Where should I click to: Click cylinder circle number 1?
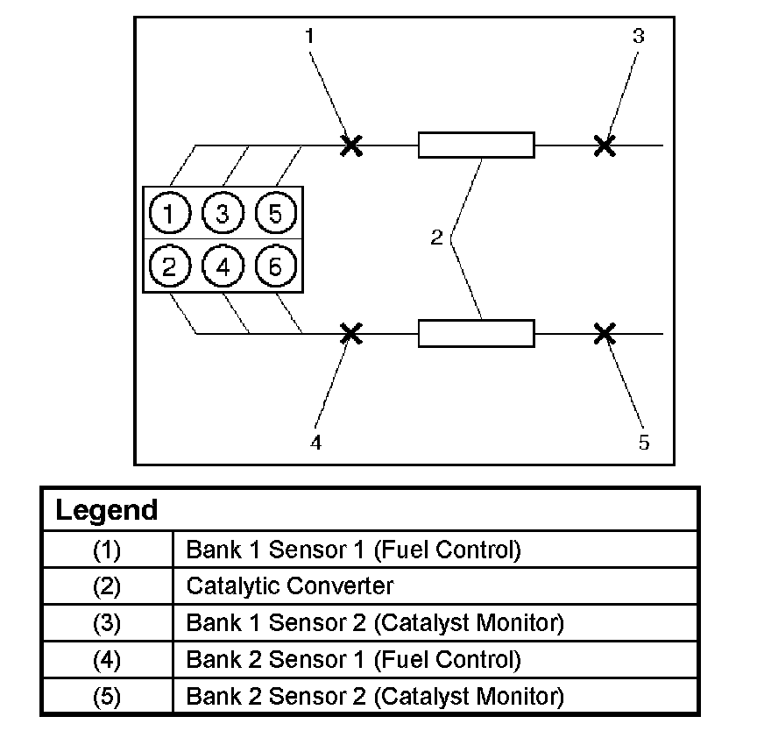pyautogui.click(x=170, y=213)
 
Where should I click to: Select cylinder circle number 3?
pyautogui.click(x=223, y=213)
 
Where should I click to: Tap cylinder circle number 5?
pyautogui.click(x=275, y=213)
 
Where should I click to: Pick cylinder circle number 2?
pyautogui.click(x=170, y=266)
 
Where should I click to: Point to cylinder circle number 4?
pyautogui.click(x=223, y=266)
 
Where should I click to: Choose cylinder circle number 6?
pyautogui.click(x=275, y=266)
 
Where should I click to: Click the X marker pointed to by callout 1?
pyautogui.click(x=351, y=145)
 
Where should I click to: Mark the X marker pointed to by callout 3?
pyautogui.click(x=604, y=145)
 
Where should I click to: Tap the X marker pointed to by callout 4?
pyautogui.click(x=350, y=333)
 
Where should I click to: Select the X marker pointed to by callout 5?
pyautogui.click(x=604, y=333)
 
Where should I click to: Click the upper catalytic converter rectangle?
pyautogui.click(x=476, y=145)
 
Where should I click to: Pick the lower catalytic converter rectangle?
pyautogui.click(x=476, y=333)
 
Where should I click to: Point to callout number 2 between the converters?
pyautogui.click(x=437, y=238)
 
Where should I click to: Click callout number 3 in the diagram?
pyautogui.click(x=638, y=36)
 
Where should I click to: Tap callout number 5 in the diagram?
pyautogui.click(x=644, y=443)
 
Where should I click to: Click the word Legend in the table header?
pyautogui.click(x=106, y=510)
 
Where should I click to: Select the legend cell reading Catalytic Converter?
pyautogui.click(x=290, y=586)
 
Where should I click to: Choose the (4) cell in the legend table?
pyautogui.click(x=106, y=659)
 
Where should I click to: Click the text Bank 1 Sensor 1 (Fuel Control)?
pyautogui.click(x=353, y=550)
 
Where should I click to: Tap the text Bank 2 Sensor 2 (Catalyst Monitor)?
pyautogui.click(x=374, y=696)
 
